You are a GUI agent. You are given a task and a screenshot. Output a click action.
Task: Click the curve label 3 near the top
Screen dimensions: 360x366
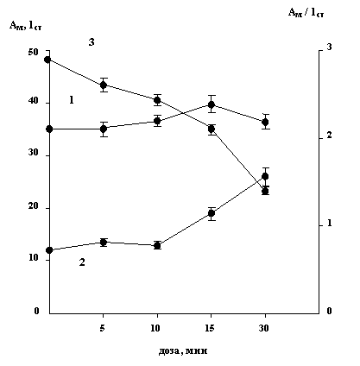(92, 42)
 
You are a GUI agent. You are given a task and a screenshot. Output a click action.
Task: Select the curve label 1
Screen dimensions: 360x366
(72, 100)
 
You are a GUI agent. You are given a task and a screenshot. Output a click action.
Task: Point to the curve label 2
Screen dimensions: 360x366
(82, 262)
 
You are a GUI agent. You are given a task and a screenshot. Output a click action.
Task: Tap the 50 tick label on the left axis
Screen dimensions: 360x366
(33, 53)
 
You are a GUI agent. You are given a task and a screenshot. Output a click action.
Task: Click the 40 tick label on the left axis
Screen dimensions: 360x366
(33, 101)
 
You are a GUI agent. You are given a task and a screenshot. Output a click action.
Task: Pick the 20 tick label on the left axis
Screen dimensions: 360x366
(33, 206)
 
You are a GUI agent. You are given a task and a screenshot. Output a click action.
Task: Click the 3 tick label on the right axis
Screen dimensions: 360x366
(329, 47)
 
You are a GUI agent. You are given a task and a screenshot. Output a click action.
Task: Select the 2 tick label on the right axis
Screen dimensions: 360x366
(329, 135)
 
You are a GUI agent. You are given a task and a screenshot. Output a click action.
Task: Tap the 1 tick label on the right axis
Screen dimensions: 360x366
(330, 224)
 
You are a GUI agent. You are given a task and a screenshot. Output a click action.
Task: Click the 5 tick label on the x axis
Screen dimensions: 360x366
(103, 328)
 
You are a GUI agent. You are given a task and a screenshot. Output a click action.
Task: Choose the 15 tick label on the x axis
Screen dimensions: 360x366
(210, 328)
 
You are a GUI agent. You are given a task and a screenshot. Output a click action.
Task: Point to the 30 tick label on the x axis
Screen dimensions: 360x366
(263, 328)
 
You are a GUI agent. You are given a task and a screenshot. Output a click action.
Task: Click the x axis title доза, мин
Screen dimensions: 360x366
(183, 350)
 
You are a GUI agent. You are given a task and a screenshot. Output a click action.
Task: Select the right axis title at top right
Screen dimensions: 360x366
(306, 13)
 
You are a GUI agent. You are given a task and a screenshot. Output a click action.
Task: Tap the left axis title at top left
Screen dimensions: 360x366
(26, 25)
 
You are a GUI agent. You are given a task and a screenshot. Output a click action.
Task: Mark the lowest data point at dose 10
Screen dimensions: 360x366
(157, 245)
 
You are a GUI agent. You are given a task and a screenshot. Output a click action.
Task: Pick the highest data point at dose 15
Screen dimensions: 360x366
(212, 104)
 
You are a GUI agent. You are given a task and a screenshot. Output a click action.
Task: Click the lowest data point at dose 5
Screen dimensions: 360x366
(104, 243)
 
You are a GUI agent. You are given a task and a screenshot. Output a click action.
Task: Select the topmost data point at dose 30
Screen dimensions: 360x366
(265, 123)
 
